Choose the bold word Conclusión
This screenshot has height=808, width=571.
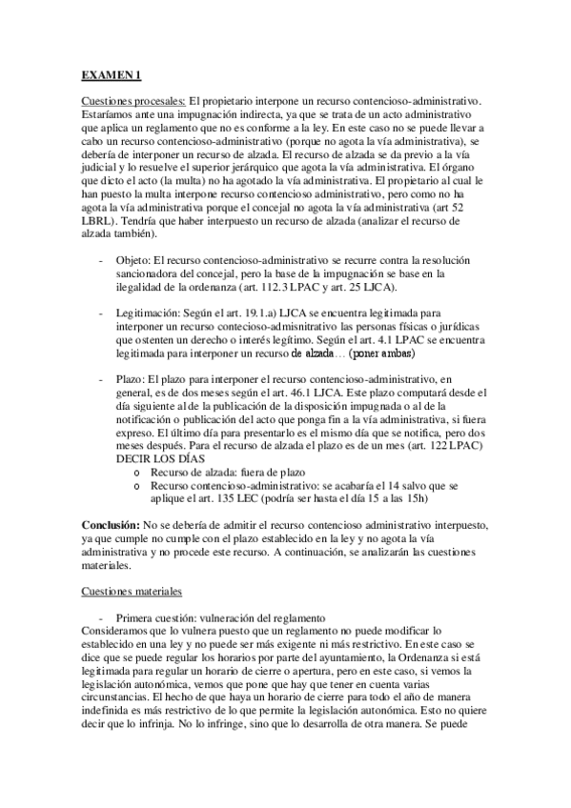(x=109, y=525)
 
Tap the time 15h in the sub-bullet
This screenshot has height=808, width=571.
(x=421, y=498)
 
